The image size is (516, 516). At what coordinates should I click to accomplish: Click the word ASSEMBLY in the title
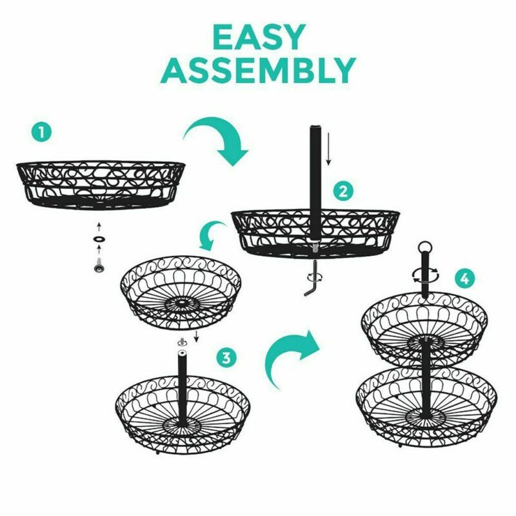point(258,70)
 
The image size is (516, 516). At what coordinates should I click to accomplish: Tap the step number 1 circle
point(41,133)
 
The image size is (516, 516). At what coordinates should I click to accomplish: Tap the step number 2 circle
point(343,191)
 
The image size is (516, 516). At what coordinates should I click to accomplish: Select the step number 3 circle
point(227,357)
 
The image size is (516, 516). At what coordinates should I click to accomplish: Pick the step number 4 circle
point(464,279)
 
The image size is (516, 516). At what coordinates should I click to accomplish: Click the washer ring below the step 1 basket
point(99,238)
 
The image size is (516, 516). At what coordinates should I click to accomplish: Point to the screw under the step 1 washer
point(99,265)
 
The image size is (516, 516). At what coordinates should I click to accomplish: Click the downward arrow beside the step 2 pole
point(328,149)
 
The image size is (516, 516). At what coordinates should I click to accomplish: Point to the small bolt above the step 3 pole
point(181,342)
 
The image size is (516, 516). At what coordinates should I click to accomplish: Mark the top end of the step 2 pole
point(315,126)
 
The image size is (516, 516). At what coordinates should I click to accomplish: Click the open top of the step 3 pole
point(181,353)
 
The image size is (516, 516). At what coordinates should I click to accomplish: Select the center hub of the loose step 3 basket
point(181,301)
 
